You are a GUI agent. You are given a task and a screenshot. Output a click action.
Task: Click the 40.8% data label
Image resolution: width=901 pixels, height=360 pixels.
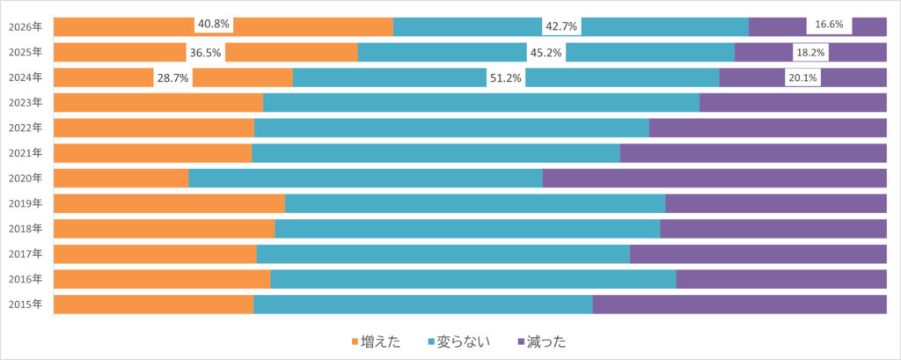(x=214, y=25)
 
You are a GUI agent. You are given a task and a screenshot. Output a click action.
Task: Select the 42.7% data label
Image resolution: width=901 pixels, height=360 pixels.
(x=561, y=26)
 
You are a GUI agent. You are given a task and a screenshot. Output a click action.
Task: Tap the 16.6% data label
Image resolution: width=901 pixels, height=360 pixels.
(x=829, y=26)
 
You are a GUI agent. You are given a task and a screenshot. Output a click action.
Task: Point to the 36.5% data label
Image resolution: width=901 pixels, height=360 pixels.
(x=205, y=52)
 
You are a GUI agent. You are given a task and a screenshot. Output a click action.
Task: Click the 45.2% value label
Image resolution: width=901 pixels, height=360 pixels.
(x=546, y=52)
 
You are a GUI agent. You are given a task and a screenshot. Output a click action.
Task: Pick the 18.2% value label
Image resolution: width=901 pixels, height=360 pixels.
(x=810, y=52)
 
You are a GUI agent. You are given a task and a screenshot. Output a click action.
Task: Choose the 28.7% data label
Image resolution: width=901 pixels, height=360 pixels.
(x=172, y=77)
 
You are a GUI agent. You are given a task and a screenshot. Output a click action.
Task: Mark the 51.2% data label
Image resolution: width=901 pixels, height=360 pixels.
(x=506, y=77)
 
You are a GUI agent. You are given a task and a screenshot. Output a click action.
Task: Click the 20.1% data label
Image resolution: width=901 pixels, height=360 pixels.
(x=802, y=77)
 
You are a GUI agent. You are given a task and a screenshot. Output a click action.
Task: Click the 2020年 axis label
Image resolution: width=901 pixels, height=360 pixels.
(x=25, y=179)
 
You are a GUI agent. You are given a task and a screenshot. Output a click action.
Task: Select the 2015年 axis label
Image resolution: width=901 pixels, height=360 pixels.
(x=25, y=305)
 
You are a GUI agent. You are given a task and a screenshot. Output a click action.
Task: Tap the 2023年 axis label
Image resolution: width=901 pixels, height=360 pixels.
(x=25, y=103)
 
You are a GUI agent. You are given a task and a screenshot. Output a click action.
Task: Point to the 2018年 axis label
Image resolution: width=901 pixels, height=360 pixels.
(x=25, y=229)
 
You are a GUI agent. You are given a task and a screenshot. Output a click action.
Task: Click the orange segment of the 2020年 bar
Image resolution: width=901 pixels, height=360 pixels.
(x=121, y=179)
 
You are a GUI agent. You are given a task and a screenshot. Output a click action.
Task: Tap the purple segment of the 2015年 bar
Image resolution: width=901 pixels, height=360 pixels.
(x=739, y=305)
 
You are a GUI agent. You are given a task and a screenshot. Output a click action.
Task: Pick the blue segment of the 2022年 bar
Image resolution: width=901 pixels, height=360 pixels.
(x=451, y=128)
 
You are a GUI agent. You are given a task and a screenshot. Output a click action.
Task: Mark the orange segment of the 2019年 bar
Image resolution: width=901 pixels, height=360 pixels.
(x=169, y=203)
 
